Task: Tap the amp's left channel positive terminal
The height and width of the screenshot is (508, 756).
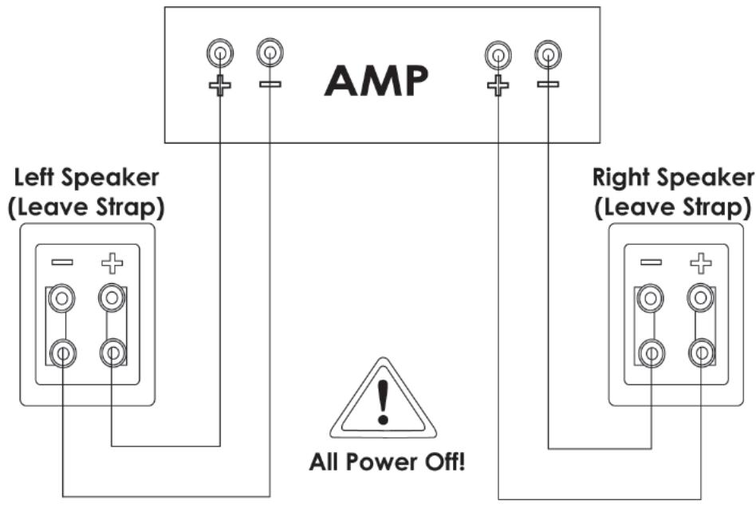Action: (x=220, y=54)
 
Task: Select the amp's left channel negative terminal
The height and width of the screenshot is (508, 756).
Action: (x=270, y=54)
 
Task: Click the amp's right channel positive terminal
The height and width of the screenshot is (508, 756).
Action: (x=498, y=55)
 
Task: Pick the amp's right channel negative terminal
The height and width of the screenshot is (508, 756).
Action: (x=548, y=55)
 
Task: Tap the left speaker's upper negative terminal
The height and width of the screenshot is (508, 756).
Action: (x=61, y=299)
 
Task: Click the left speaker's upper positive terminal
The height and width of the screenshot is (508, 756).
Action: (x=112, y=299)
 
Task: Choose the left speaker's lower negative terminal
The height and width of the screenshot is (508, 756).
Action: (x=61, y=351)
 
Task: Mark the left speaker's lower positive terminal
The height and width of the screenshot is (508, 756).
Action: (x=112, y=351)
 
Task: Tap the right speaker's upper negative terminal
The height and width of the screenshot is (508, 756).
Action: (x=651, y=299)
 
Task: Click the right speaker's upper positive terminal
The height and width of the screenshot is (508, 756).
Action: (x=700, y=299)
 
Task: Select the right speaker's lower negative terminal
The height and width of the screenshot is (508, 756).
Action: (x=651, y=351)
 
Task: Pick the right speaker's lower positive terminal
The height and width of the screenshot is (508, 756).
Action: (x=700, y=351)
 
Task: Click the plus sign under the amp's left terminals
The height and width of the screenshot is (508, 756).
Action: (x=220, y=85)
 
